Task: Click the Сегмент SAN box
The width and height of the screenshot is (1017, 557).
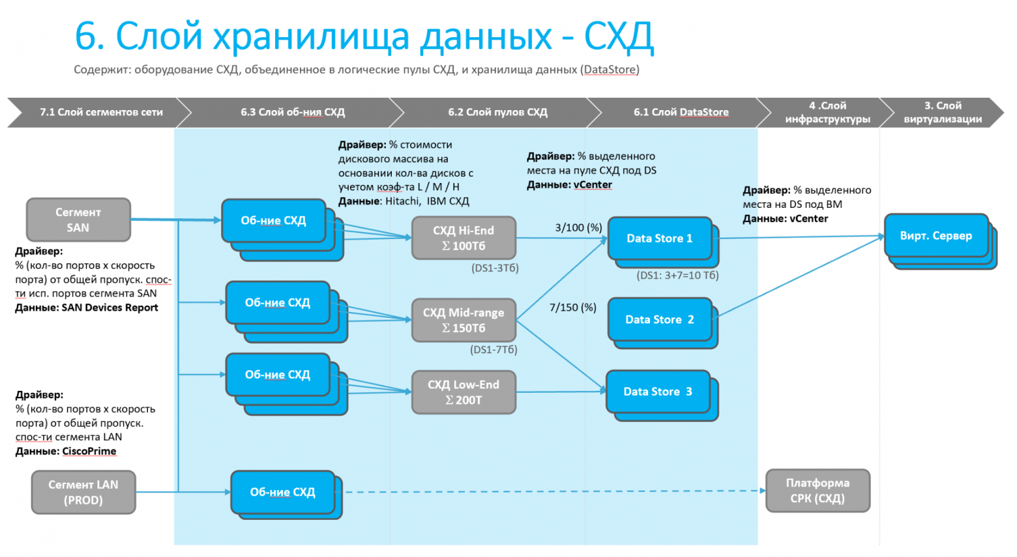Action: click(x=78, y=220)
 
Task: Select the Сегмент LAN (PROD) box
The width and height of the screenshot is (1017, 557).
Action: click(x=83, y=493)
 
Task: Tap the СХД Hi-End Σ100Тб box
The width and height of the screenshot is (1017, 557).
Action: click(x=464, y=238)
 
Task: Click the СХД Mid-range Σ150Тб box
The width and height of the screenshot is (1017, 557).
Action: click(x=464, y=320)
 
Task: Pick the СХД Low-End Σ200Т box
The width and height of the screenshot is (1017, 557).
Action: click(x=464, y=392)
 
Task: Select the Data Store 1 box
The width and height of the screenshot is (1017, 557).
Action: click(x=659, y=238)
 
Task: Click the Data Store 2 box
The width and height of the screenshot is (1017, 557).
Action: click(x=659, y=319)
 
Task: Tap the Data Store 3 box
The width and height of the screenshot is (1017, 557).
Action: click(x=658, y=392)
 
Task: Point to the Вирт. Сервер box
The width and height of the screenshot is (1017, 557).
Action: click(x=936, y=236)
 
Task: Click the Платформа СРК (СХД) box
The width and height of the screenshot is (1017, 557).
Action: click(x=818, y=491)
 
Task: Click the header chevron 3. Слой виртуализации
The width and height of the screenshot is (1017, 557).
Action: click(x=943, y=112)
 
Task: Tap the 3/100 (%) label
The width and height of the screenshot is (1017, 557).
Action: click(x=578, y=227)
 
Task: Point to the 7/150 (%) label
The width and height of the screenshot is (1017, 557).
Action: click(x=572, y=307)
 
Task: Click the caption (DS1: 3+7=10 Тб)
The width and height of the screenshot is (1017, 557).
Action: click(x=677, y=276)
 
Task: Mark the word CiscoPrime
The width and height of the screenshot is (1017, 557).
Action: click(x=89, y=451)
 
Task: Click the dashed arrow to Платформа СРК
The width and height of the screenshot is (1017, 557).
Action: click(x=554, y=491)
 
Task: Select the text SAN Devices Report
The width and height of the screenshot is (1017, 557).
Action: click(x=110, y=307)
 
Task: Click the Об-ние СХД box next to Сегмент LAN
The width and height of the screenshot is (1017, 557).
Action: click(x=282, y=493)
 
